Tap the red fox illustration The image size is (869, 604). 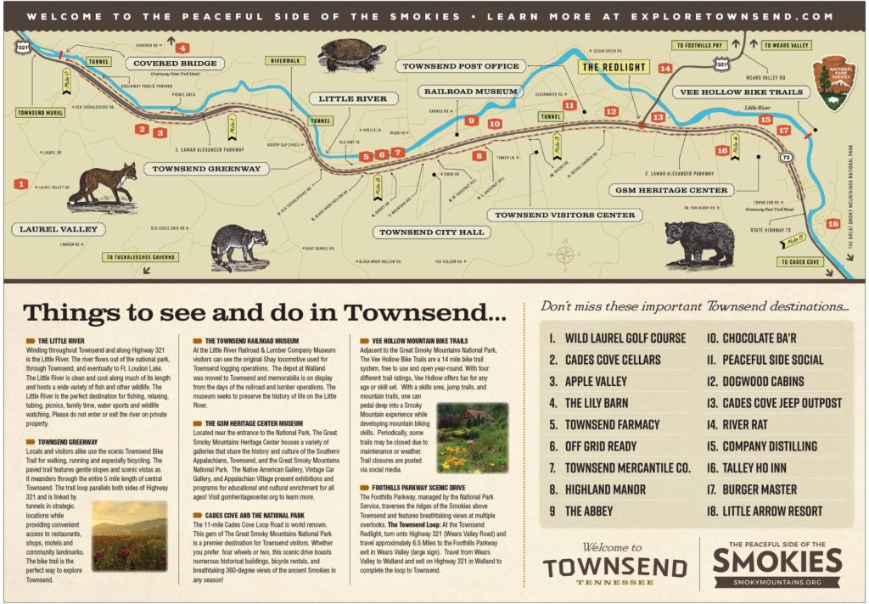click(104, 185)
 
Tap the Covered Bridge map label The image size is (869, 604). click(175, 64)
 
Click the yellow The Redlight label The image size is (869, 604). click(613, 66)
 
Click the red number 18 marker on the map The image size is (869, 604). click(833, 224)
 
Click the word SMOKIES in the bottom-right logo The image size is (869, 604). click(777, 561)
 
